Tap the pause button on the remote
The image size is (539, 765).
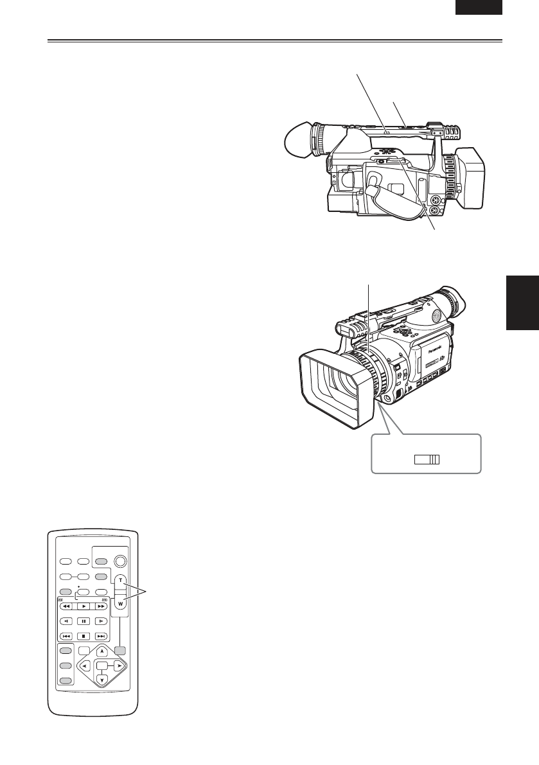[84, 621]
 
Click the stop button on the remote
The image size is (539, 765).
[84, 636]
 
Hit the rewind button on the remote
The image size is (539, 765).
[66, 606]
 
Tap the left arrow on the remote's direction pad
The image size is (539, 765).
[85, 665]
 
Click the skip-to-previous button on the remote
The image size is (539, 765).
[66, 636]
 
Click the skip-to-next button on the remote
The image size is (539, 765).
[102, 636]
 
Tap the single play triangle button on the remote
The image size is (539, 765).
[84, 606]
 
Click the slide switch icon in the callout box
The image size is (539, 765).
[427, 459]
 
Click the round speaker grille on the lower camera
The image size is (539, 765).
[437, 315]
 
